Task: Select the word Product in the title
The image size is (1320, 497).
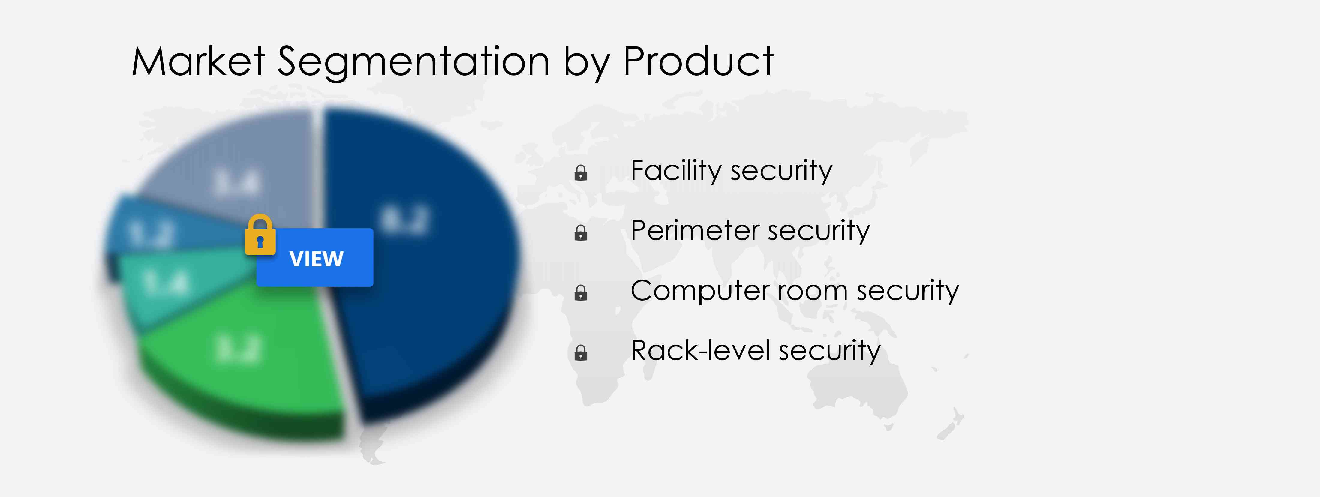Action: point(698,61)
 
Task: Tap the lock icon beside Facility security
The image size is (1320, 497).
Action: point(581,173)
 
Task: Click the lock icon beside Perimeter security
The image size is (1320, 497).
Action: point(581,233)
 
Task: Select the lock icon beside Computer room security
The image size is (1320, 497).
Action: point(581,293)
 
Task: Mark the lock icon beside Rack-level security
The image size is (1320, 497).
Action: point(581,353)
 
